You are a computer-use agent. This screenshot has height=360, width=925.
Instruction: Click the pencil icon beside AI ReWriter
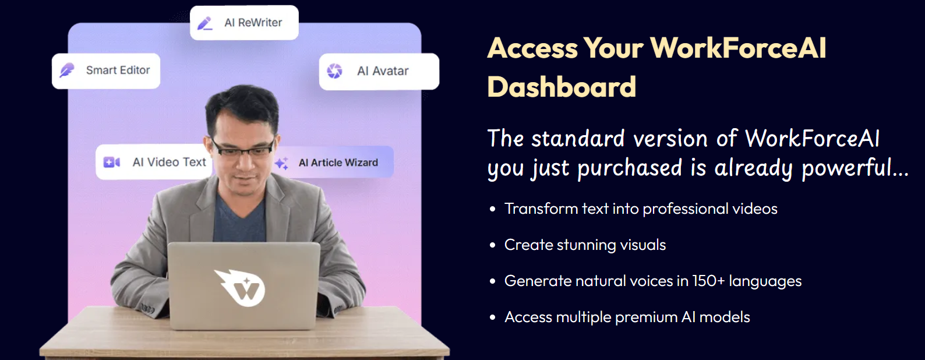click(205, 23)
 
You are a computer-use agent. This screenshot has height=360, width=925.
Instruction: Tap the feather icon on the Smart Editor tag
click(67, 70)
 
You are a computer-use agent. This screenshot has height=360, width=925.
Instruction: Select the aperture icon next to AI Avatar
click(334, 71)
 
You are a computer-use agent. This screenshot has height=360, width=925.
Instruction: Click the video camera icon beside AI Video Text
click(111, 163)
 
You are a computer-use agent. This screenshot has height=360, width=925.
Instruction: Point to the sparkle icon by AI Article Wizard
click(281, 163)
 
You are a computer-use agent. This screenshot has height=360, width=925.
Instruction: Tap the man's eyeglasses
click(243, 147)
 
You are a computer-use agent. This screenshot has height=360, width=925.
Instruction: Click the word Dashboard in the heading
click(562, 87)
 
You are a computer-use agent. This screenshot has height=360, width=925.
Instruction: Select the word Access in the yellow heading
click(533, 48)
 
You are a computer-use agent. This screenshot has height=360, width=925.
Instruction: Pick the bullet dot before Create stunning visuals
click(492, 245)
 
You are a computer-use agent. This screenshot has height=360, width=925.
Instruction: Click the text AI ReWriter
click(253, 23)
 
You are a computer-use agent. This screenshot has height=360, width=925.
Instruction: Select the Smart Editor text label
click(118, 70)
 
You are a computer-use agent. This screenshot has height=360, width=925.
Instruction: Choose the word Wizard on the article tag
click(361, 163)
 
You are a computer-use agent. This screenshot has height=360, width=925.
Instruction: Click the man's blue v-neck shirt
click(239, 219)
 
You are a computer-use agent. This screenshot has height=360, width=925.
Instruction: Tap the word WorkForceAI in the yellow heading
click(739, 48)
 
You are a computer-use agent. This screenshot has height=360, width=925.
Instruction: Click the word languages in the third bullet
click(765, 282)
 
